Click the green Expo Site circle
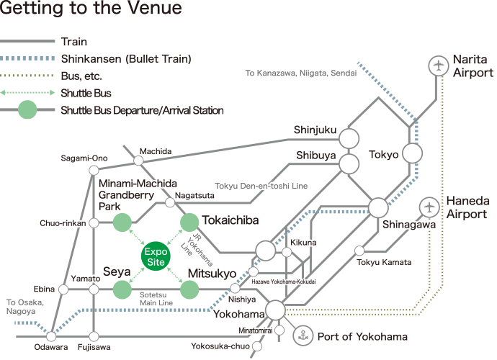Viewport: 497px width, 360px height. point(156,256)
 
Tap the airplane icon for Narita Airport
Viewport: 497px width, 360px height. point(437,66)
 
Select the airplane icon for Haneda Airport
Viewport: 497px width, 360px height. point(430,207)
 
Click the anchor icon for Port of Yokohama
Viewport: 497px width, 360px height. point(303,336)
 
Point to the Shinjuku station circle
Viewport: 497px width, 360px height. point(349,138)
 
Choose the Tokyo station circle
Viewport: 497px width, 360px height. point(412,153)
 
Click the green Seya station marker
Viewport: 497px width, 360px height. point(122,289)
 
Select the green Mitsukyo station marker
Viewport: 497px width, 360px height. point(189,289)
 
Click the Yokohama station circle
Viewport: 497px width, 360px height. point(275,310)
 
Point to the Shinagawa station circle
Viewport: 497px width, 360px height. point(378,207)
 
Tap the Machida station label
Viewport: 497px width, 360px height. point(156,151)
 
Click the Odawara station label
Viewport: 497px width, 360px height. point(51,348)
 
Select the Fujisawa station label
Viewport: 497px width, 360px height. point(94,348)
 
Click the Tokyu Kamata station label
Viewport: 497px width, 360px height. point(385,262)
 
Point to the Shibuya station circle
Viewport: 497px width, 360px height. point(349,163)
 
